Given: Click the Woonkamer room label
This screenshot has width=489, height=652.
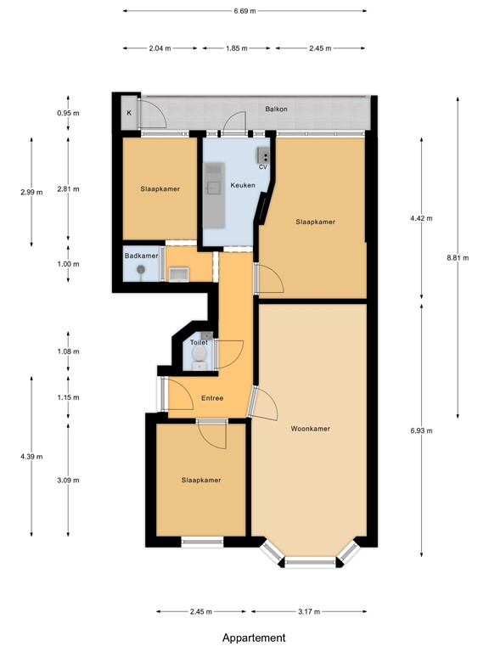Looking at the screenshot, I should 310,429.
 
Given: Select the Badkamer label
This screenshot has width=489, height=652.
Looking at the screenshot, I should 141,256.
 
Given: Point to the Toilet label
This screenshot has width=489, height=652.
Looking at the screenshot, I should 198,342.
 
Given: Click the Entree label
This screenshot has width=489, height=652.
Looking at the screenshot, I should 212,398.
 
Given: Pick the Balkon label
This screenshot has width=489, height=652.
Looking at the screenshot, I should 277,110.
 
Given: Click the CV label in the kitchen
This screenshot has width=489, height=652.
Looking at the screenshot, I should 264,167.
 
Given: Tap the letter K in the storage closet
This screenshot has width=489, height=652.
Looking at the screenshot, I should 130,113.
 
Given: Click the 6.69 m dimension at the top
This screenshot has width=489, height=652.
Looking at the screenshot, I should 244,11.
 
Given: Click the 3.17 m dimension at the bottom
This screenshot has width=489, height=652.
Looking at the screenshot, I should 309,611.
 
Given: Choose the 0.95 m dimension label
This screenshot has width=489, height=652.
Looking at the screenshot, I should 68,113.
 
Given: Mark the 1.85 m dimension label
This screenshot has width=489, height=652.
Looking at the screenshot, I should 237,48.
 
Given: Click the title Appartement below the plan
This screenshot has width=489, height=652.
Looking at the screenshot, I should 254,638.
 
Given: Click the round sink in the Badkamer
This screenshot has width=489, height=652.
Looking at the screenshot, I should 140,271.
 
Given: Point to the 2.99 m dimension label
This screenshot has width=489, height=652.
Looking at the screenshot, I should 31,193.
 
